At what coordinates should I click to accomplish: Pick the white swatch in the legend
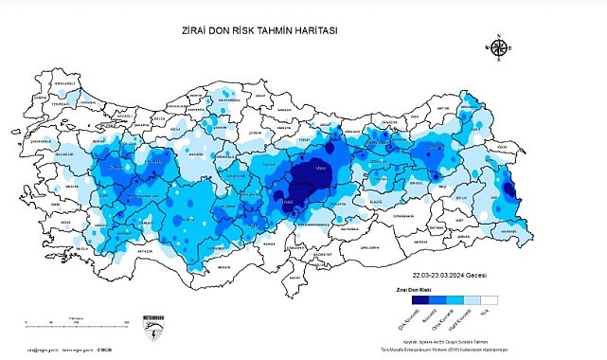490,297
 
